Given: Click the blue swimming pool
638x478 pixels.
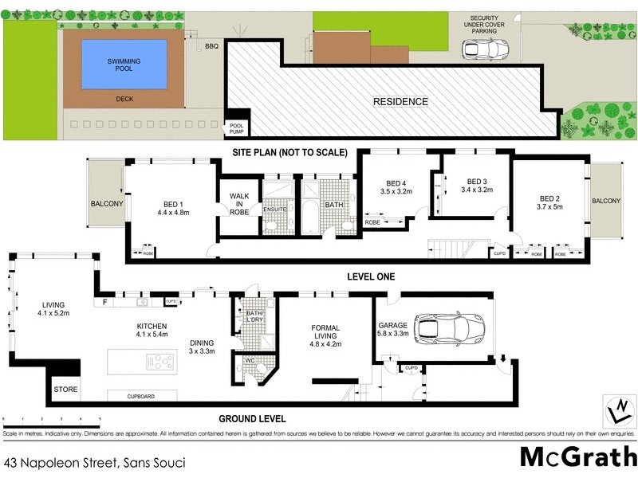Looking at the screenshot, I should point(127,63).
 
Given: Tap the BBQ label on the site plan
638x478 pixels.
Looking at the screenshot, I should point(211,47).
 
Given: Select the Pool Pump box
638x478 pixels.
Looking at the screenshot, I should point(237,128).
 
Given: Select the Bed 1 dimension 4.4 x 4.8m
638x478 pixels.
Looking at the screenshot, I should point(172,213).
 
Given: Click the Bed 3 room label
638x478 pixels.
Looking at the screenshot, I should point(477,181).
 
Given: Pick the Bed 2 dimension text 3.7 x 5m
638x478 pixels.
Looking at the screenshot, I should point(549,208).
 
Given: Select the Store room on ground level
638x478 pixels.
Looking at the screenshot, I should point(64,390).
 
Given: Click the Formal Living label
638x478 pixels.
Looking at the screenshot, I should point(325,332).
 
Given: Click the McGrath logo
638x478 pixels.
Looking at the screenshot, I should point(577,456).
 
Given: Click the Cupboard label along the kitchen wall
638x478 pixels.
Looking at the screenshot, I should point(140,396).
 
